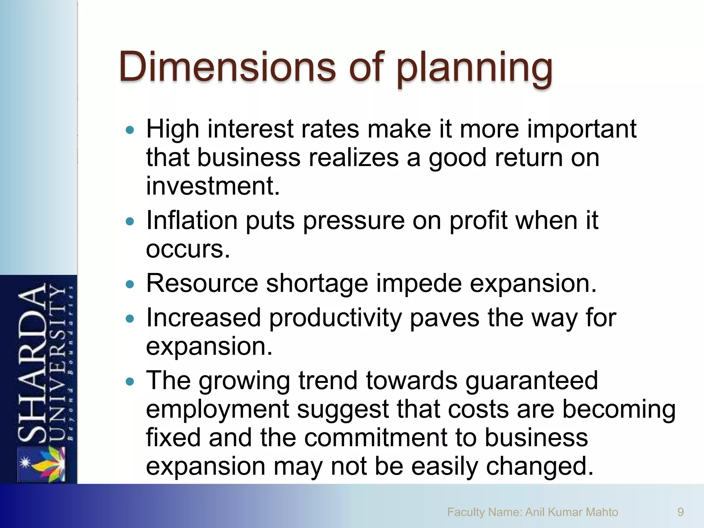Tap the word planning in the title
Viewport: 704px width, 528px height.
[x=474, y=69]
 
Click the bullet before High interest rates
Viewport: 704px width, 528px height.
[x=130, y=130]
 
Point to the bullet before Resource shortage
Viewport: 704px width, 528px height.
[x=130, y=284]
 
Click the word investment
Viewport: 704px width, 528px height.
[x=212, y=186]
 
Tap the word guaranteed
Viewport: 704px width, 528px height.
[x=531, y=381]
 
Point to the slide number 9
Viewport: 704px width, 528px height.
[x=680, y=512]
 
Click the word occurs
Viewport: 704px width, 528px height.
[x=188, y=249]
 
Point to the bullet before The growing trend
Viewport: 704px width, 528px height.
[x=130, y=382]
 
